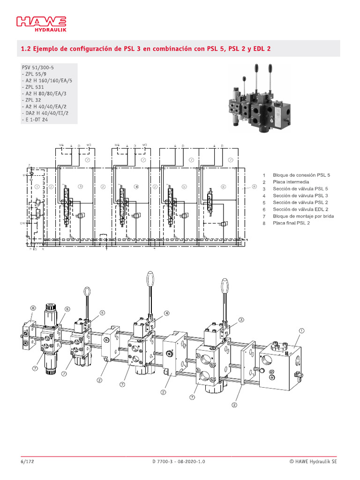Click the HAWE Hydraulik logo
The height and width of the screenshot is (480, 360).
point(42,24)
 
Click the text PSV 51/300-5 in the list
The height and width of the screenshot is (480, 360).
point(38,67)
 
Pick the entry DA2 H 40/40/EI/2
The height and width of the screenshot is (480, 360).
point(45,113)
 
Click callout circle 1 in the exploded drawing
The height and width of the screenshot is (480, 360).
point(301,330)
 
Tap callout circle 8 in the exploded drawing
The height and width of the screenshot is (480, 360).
point(33,308)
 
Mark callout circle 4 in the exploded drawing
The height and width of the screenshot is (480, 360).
point(166,313)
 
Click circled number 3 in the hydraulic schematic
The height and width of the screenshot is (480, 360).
point(80,186)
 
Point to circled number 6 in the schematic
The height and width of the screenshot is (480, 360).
point(224,186)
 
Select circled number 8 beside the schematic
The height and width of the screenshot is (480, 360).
point(254,186)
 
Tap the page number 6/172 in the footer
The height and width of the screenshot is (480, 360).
point(28,461)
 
